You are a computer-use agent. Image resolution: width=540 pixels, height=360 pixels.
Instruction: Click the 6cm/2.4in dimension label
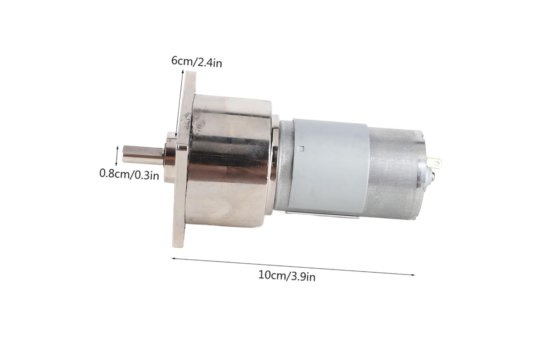pyautogui.click(x=197, y=62)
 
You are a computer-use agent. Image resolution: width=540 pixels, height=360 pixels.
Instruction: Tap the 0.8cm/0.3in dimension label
pyautogui.click(x=129, y=174)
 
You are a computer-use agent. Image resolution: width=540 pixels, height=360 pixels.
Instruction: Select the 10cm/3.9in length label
pyautogui.click(x=287, y=275)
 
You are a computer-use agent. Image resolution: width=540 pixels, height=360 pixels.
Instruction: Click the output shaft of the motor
pyautogui.click(x=143, y=155)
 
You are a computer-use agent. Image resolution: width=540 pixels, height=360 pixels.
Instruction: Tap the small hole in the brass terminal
pyautogui.click(x=437, y=163)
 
